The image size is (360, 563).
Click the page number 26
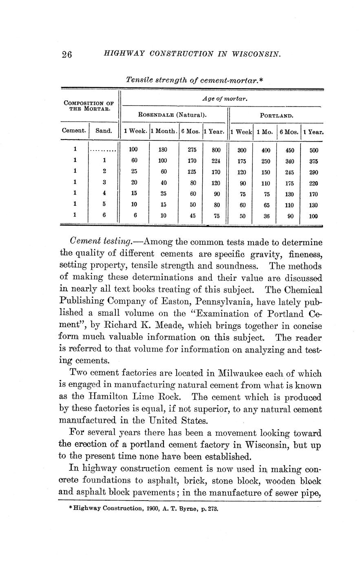[x=66, y=55]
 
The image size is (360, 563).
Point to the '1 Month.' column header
[x=164, y=131]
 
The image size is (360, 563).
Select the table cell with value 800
[x=216, y=150]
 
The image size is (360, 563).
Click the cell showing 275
[x=192, y=150]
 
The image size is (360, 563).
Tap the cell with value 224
[x=216, y=161]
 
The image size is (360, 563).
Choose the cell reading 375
[x=313, y=161]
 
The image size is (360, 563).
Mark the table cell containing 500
[x=313, y=150]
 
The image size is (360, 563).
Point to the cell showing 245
[x=290, y=172]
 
